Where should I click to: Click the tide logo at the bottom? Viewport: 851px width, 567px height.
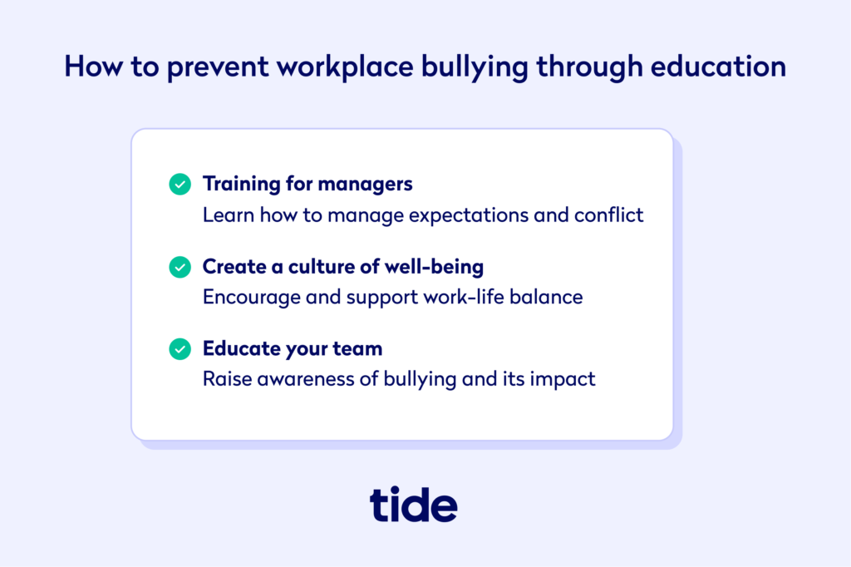(x=414, y=504)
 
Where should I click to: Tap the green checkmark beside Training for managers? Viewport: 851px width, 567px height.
(x=180, y=184)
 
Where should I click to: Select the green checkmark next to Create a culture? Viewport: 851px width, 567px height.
(x=180, y=267)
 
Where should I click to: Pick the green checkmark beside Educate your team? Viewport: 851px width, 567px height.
(x=180, y=348)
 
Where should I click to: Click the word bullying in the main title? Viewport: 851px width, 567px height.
(x=475, y=67)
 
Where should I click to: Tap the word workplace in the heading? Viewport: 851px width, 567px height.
(x=345, y=67)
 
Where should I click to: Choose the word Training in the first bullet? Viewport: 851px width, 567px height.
(x=242, y=185)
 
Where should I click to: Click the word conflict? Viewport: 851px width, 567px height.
(x=608, y=215)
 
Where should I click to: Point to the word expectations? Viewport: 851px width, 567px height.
(x=469, y=216)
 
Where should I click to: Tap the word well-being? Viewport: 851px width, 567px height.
(x=434, y=267)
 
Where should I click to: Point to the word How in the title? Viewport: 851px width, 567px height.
(x=94, y=67)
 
